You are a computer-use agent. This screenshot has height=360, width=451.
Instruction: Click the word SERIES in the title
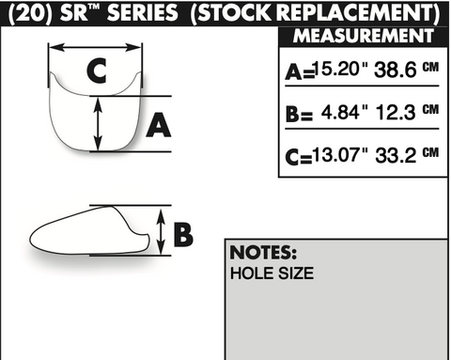143,13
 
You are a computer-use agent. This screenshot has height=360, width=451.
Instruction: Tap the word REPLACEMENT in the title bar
355,13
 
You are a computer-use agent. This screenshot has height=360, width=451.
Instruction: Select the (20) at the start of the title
30,13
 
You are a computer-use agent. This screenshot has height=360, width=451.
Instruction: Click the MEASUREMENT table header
364,36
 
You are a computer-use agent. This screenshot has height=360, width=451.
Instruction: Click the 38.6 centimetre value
396,70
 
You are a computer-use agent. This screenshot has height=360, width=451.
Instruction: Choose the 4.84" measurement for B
344,112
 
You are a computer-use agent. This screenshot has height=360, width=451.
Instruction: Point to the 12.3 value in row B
396,112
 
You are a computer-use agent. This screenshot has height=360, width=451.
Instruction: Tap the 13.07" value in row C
339,154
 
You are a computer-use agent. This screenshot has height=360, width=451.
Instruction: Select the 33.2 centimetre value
396,155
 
